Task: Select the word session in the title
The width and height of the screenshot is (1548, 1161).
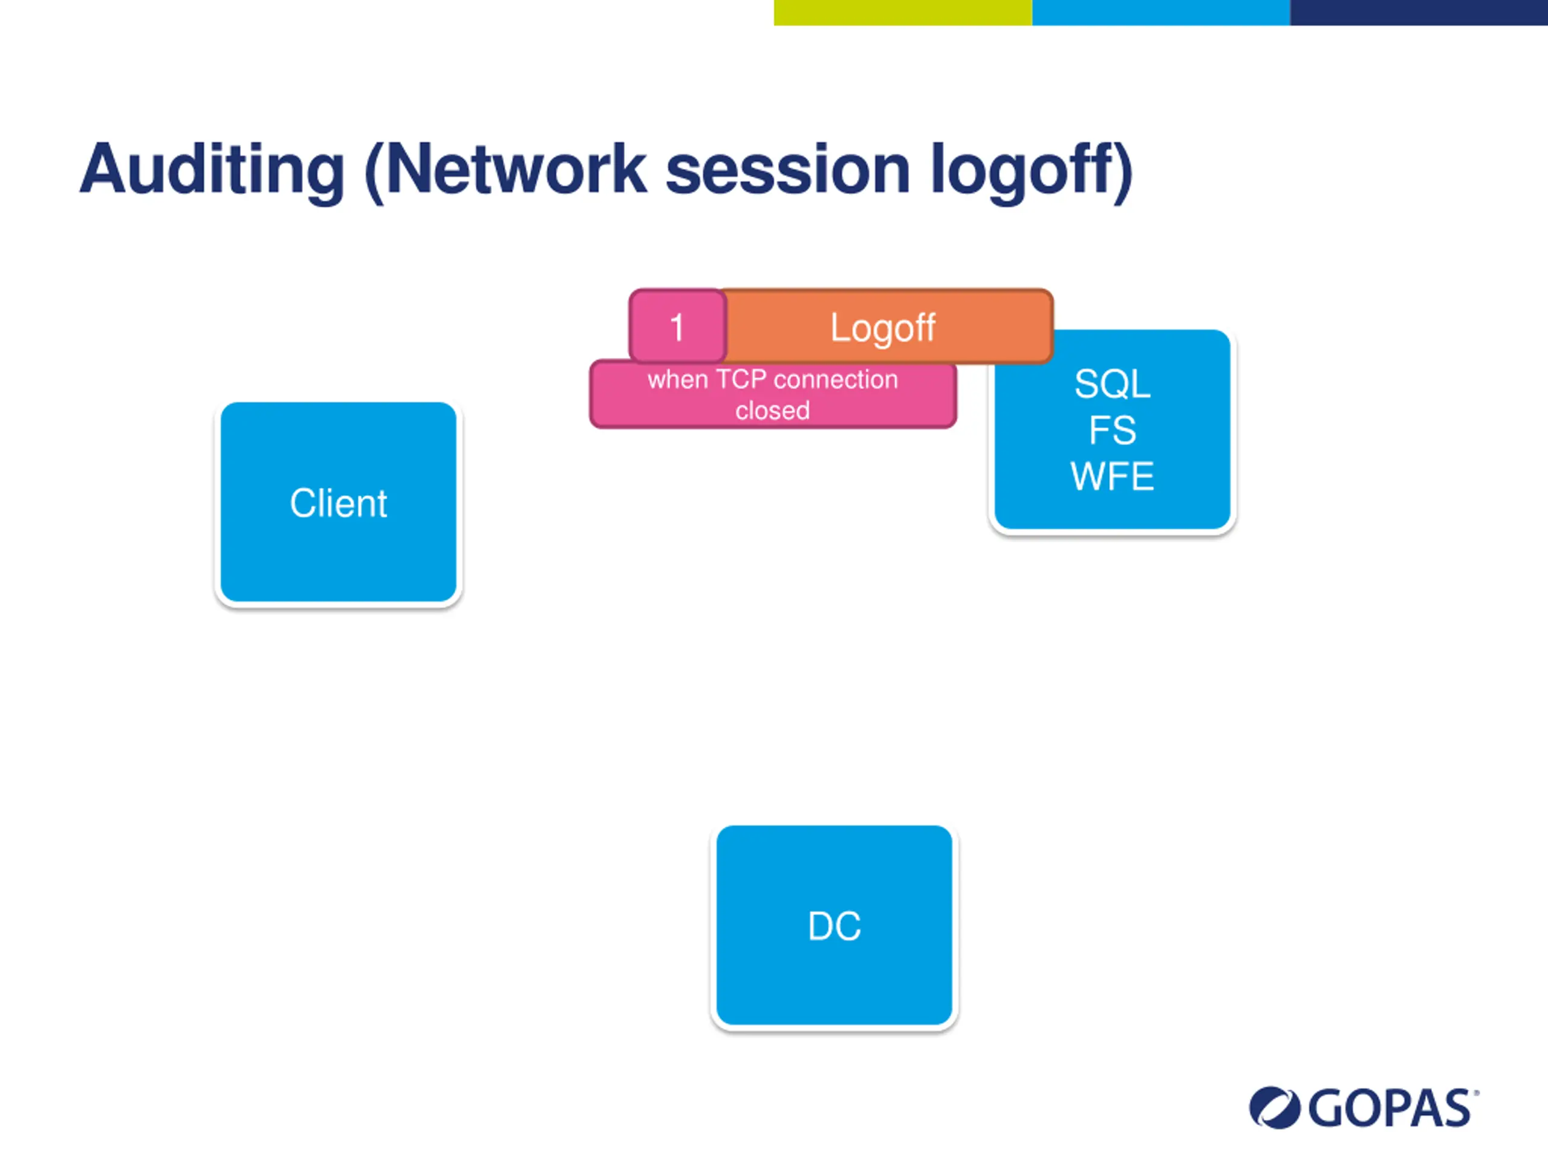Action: pos(788,170)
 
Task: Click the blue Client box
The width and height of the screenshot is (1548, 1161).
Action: pos(338,502)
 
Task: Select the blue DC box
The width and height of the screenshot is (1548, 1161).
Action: pos(834,926)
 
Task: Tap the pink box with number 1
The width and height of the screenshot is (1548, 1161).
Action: pos(677,327)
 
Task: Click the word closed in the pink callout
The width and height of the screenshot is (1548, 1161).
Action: pos(773,410)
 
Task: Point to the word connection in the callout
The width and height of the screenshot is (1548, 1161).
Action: pos(836,379)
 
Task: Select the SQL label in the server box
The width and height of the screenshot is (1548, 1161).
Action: pos(1112,383)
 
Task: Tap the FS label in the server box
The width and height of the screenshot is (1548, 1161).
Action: pos(1112,430)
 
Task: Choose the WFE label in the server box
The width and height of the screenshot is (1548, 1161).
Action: pos(1112,476)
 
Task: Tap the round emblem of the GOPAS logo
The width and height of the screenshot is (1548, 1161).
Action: pos(1274,1108)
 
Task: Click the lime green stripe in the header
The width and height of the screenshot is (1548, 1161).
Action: pos(903,13)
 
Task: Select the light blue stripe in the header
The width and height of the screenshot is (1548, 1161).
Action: pos(1161,13)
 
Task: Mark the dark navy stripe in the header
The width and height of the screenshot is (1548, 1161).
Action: pos(1419,13)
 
